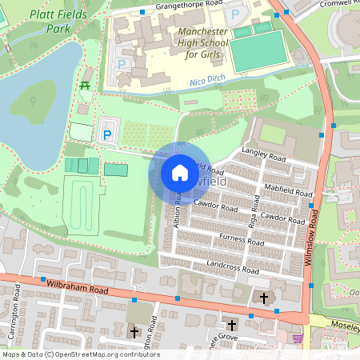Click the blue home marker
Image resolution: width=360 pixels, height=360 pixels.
click(x=180, y=172)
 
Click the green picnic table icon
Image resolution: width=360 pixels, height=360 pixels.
click(x=84, y=84)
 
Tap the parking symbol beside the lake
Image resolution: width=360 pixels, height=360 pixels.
click(x=107, y=134)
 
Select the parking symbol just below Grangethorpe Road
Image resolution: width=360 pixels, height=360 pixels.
click(x=234, y=14)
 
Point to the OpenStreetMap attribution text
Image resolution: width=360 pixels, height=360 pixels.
click(x=81, y=354)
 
